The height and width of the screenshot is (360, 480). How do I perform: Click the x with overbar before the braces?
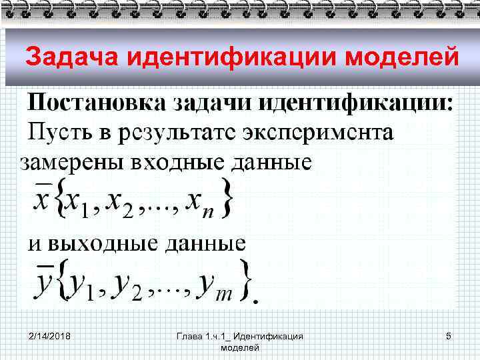(41, 198)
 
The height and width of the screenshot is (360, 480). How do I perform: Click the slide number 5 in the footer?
(449, 336)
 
